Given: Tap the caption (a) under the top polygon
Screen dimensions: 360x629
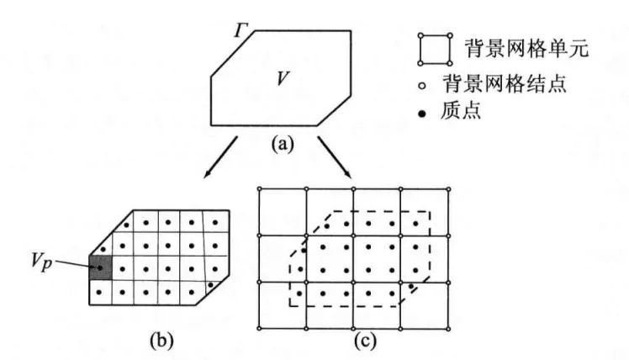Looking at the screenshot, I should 283,144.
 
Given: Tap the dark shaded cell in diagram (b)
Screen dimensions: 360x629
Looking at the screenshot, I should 99,268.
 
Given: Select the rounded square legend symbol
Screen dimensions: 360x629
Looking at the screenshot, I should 431,49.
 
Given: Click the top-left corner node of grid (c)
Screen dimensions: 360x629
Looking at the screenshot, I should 261,188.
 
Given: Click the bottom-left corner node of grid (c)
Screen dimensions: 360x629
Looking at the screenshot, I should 261,329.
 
